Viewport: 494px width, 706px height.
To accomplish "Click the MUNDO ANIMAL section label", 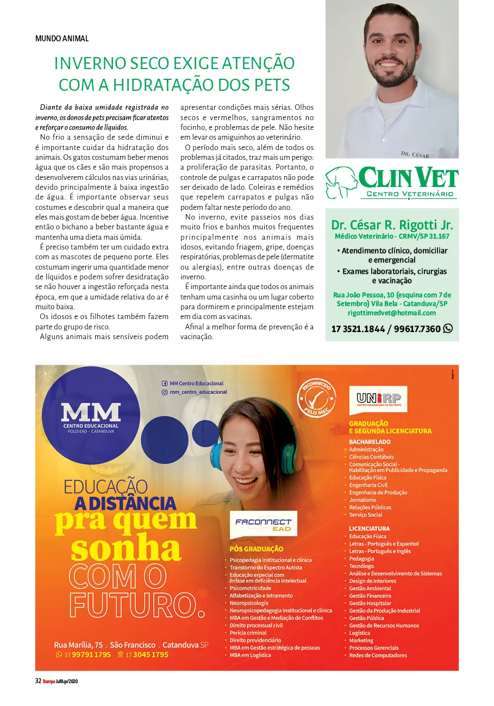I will coord(61,39).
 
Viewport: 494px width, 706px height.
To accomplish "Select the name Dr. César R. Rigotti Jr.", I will coord(392,225).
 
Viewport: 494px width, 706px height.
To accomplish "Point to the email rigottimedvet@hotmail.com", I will coord(391,313).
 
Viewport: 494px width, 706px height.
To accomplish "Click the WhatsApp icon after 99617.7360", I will coord(448,328).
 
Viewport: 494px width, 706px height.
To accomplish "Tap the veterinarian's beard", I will coord(392,77).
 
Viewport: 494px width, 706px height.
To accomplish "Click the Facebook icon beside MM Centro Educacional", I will coord(165,383).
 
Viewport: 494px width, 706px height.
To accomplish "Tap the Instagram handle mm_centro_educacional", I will coord(198,392).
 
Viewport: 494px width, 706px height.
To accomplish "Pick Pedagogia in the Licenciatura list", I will coord(361,559).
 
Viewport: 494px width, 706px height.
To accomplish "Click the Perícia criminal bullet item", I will coord(248,633).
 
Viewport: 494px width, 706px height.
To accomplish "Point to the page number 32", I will coord(38,681).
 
